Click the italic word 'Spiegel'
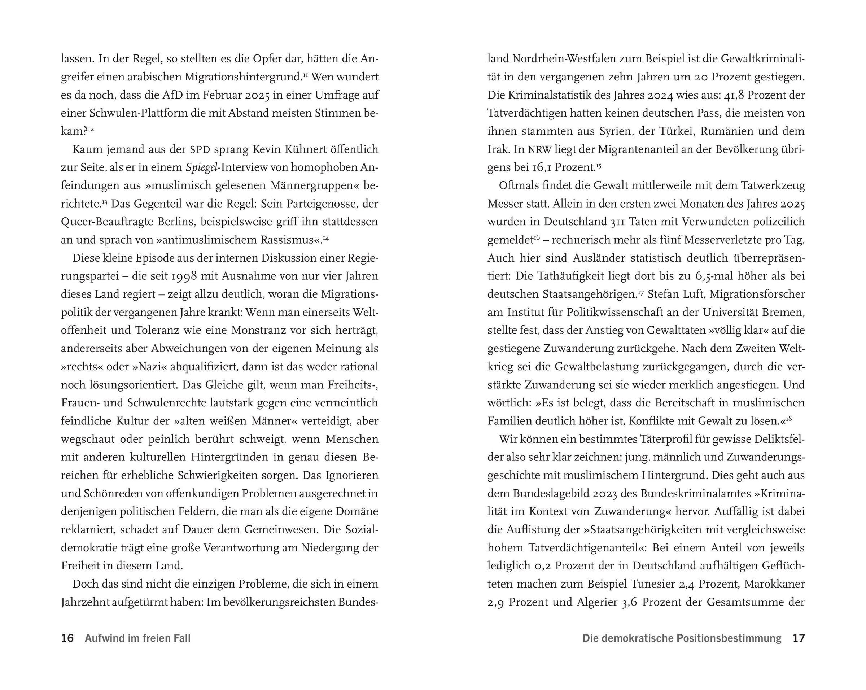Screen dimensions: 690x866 (201, 167)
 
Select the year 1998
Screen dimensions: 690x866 (185, 276)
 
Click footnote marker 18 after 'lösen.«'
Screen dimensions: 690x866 (789, 419)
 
